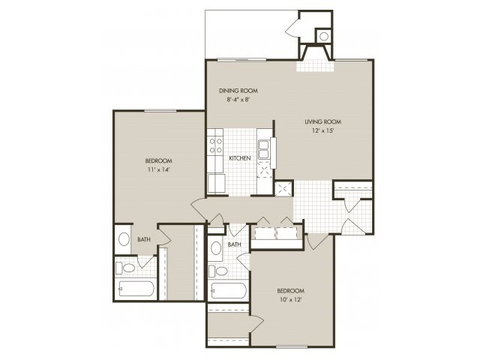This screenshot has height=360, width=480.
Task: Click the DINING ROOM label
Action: (238, 91)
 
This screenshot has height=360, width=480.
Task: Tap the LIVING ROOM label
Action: (323, 121)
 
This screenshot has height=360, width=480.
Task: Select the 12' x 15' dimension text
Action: (322, 130)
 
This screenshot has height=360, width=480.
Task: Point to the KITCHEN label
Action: (240, 158)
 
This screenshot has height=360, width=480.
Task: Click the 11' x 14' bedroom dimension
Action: (158, 169)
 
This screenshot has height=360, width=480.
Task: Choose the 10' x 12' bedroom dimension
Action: (291, 300)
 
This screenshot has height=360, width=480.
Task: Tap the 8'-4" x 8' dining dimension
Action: (238, 100)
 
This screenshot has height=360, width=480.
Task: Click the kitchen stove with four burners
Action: (215, 146)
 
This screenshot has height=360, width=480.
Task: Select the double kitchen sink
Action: (263, 149)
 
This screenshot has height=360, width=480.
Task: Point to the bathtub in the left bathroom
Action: (136, 288)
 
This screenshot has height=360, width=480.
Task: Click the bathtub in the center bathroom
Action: (228, 290)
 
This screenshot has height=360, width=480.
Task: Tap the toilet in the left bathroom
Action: (125, 268)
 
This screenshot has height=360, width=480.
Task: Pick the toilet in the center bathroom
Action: (218, 271)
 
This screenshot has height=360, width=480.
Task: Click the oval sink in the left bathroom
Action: (124, 238)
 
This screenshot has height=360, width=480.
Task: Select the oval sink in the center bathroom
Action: (216, 247)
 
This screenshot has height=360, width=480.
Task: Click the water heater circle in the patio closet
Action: (324, 37)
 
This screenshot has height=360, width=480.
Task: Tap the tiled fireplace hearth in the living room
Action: (315, 66)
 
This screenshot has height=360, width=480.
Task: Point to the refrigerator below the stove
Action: (217, 183)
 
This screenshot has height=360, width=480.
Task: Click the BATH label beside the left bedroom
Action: (144, 239)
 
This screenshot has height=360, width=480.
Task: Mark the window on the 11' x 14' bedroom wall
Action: (160, 110)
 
